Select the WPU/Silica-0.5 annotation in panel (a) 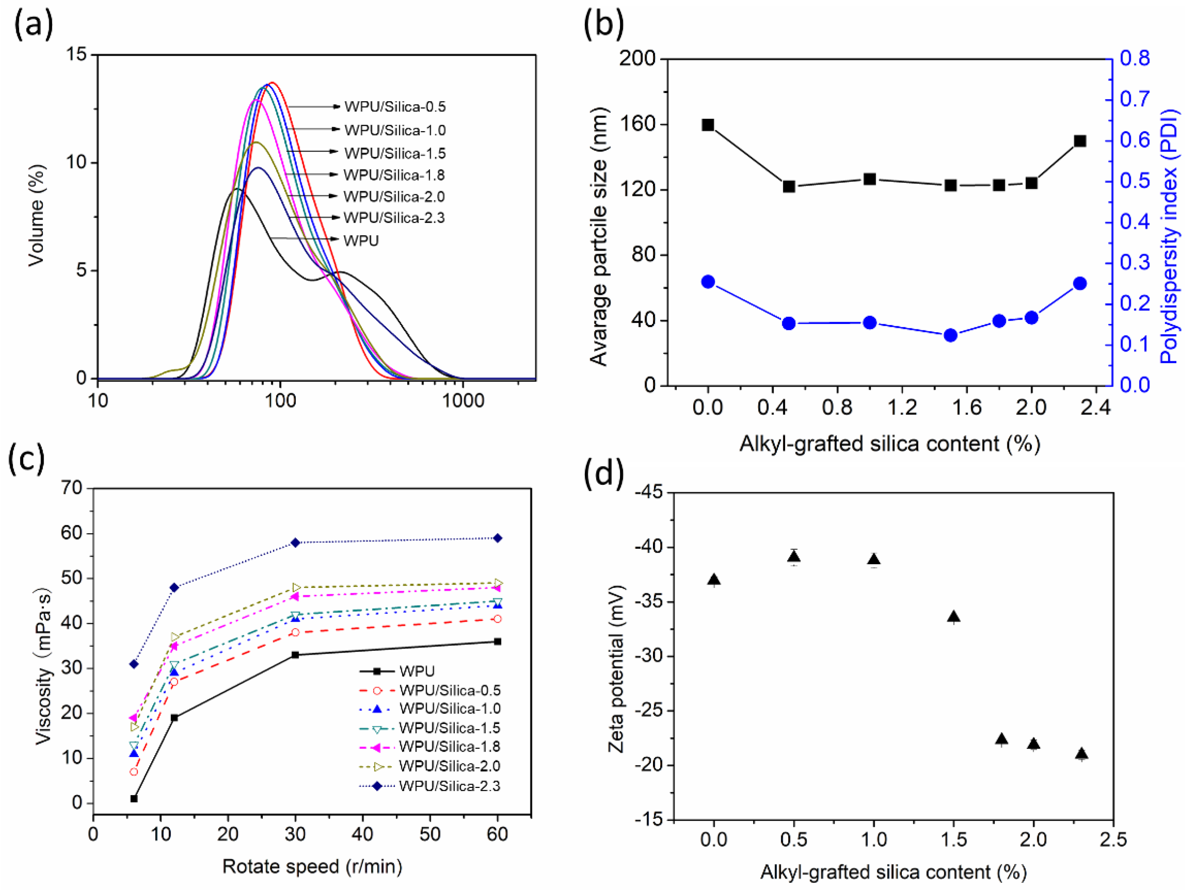395,107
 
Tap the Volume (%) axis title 36,215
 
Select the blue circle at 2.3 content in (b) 1080,283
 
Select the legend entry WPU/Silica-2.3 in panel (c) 449,786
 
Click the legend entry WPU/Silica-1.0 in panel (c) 449,708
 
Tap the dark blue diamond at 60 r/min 497,538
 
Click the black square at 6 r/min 134,798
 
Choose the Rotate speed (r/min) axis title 312,866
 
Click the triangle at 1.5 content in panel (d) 953,617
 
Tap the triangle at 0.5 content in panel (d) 794,557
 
